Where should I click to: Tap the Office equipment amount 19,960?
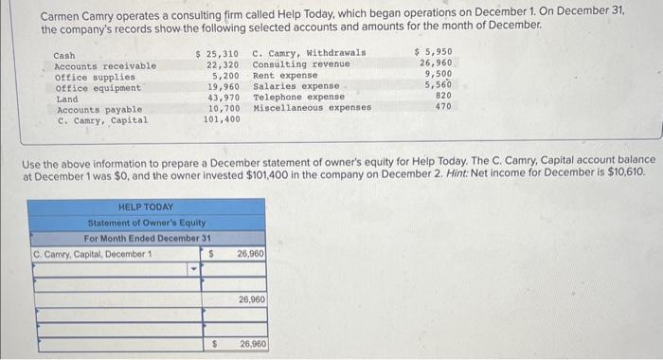[223, 86]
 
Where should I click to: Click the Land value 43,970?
[223, 98]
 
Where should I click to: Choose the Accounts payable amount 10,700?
[223, 109]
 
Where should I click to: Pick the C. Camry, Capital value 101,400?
[221, 120]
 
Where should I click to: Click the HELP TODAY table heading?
[145, 207]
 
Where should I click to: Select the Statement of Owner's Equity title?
[147, 223]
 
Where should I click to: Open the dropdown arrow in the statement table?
[194, 269]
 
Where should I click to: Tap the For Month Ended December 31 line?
[147, 238]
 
